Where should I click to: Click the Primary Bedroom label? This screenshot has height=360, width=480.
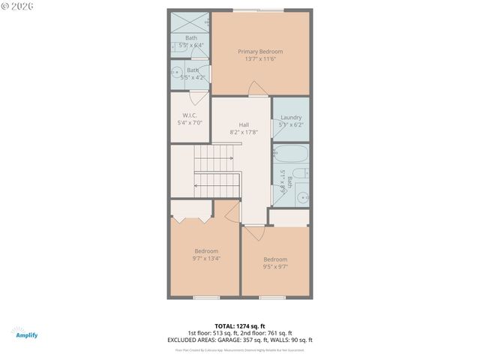pos(260,52)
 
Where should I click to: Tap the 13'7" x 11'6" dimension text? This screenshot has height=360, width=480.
pos(260,60)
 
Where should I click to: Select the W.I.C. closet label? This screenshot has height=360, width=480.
pos(189,115)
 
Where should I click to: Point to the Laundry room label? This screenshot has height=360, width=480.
pos(291,117)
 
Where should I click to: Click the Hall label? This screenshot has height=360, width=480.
pos(244,124)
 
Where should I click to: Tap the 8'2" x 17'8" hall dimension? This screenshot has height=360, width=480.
pos(244,133)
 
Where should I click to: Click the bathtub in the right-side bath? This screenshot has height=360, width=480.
pos(291,156)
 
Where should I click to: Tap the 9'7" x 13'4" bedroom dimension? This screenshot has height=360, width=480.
pos(205,259)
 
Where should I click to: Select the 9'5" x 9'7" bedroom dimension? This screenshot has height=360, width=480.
pos(275,267)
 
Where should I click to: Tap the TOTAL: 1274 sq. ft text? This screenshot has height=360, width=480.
pos(240,325)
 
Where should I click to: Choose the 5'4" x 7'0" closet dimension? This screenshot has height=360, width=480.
pos(189,123)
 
